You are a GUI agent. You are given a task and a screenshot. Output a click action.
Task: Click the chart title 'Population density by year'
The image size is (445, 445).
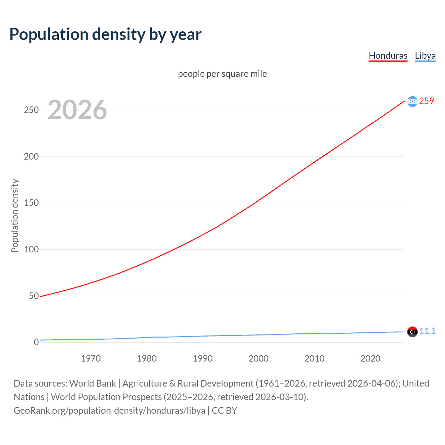pyautogui.click(x=105, y=34)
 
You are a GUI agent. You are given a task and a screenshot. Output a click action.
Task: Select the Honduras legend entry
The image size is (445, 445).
pyautogui.click(x=388, y=56)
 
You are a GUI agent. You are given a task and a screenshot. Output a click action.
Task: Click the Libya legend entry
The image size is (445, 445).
pyautogui.click(x=425, y=56)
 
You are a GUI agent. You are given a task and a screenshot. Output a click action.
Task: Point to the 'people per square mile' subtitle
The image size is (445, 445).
pyautogui.click(x=222, y=74)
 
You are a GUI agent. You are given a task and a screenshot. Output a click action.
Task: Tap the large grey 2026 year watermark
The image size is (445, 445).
pyautogui.click(x=77, y=110)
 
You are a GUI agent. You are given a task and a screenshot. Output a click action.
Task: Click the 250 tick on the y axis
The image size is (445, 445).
pyautogui.click(x=31, y=110)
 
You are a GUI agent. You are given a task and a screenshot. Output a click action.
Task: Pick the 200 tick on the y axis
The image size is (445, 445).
pyautogui.click(x=31, y=156)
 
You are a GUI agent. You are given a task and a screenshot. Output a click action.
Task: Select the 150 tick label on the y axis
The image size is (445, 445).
pyautogui.click(x=31, y=203)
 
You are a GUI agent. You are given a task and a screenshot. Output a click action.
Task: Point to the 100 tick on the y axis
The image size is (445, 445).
pyautogui.click(x=31, y=249)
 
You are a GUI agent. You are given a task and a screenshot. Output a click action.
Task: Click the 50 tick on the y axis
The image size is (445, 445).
pyautogui.click(x=34, y=296)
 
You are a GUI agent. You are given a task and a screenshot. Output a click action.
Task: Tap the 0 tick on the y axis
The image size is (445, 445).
pyautogui.click(x=36, y=342)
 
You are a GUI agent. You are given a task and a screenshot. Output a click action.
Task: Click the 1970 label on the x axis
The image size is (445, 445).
pyautogui.click(x=91, y=358)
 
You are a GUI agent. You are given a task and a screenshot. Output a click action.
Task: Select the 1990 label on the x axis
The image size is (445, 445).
pyautogui.click(x=203, y=358)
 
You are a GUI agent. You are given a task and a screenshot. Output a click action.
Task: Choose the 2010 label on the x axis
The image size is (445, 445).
pyautogui.click(x=314, y=358)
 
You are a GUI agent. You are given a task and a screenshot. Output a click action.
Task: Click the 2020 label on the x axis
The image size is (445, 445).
pyautogui.click(x=370, y=358)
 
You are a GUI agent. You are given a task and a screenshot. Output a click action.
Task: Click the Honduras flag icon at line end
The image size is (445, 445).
pyautogui.click(x=412, y=102)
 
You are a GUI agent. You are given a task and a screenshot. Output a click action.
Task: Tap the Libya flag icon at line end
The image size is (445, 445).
pyautogui.click(x=412, y=332)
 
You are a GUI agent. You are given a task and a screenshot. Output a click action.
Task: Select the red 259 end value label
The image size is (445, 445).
pyautogui.click(x=427, y=101)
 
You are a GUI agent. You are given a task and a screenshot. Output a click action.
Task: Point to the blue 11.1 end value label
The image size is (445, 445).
pyautogui.click(x=427, y=331)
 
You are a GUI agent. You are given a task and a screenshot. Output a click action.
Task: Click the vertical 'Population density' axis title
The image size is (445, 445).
pyautogui.click(x=15, y=216)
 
